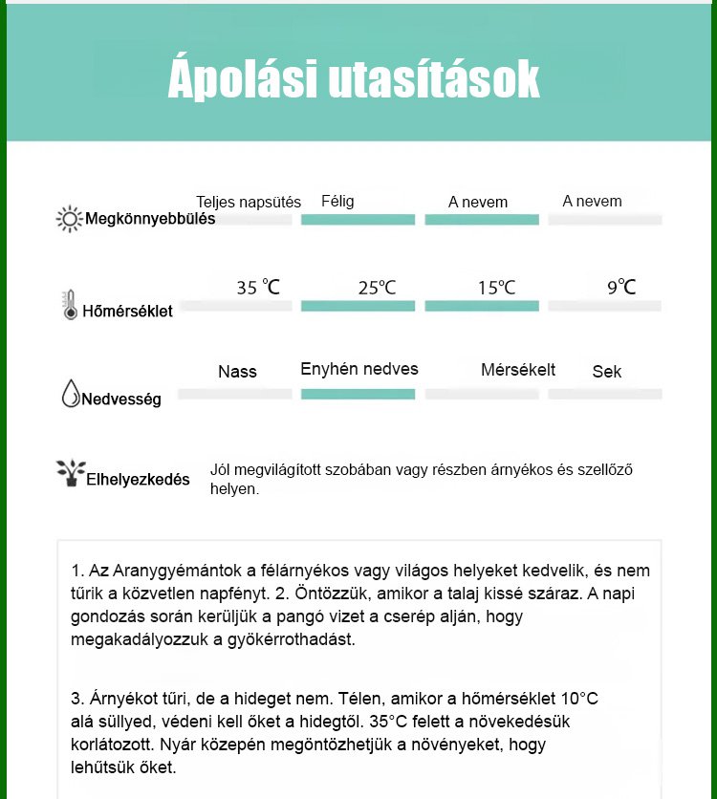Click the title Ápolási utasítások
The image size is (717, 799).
354,80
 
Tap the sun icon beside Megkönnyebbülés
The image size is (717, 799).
70,219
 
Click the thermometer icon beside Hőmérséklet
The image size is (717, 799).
70,305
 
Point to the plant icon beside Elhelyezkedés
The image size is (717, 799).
70,473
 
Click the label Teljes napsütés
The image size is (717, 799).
249,202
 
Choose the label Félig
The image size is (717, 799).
337,201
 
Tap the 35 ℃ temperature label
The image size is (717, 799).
258,287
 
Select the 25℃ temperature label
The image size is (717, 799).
377,287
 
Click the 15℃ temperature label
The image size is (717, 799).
496,287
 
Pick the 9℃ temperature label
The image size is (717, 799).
621,286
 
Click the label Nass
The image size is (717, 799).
237,372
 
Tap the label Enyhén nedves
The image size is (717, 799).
359,369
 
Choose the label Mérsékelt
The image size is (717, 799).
518,370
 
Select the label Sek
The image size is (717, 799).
607,372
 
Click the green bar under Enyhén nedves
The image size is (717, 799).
358,394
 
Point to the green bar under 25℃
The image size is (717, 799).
358,306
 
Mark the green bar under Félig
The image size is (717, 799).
358,220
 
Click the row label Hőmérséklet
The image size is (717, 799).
128,311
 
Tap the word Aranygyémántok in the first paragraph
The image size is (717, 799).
165,571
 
